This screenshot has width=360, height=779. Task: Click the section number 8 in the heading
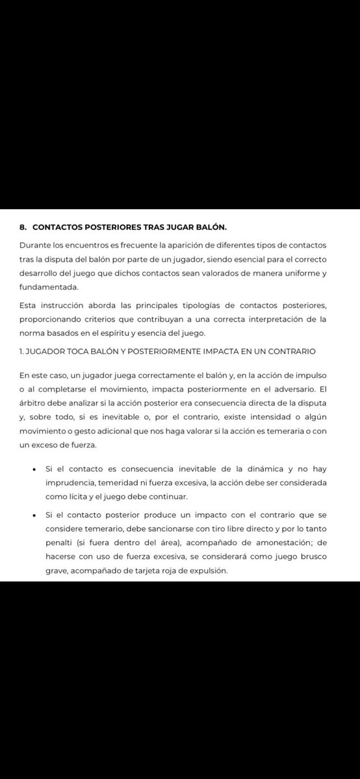pos(23,227)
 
